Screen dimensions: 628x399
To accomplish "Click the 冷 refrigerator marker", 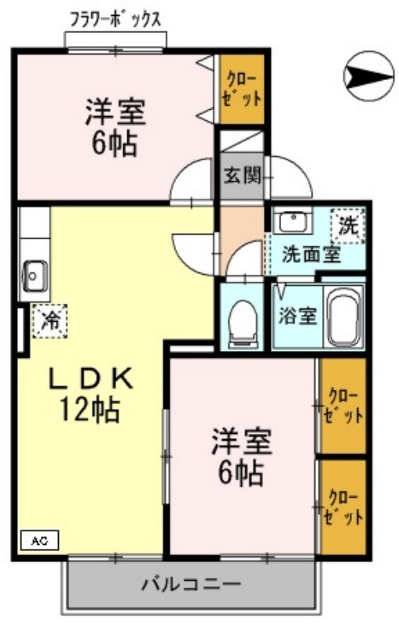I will pyautogui.click(x=49, y=321).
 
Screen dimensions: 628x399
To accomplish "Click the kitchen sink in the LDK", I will pyautogui.click(x=35, y=275).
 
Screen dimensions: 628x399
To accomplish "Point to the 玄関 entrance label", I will pyautogui.click(x=240, y=174).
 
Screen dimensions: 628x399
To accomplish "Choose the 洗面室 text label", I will pyautogui.click(x=312, y=255).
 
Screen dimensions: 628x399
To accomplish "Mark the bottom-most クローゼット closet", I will pyautogui.click(x=344, y=507).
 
